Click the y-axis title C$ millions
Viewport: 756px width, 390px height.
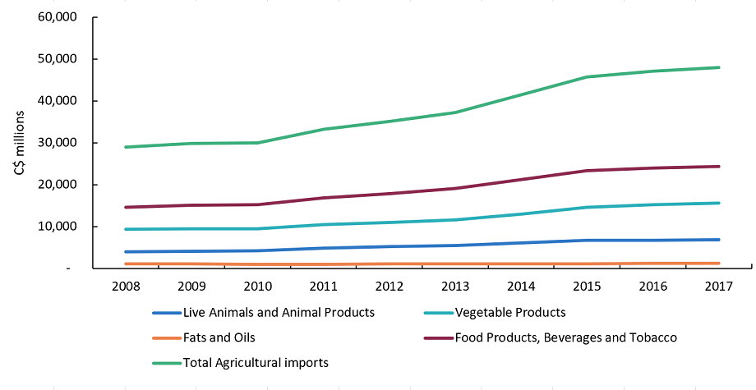(19, 143)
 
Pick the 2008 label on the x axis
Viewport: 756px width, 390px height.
(126, 286)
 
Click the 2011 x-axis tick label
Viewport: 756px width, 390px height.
(323, 286)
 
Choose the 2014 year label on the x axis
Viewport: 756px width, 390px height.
(520, 286)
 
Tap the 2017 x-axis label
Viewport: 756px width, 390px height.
(717, 286)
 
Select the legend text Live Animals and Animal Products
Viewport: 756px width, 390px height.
(279, 312)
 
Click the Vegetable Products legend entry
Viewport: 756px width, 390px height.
(510, 312)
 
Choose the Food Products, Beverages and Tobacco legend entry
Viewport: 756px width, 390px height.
(565, 337)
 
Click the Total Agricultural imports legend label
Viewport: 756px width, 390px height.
(256, 361)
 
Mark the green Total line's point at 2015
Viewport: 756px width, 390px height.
(586, 77)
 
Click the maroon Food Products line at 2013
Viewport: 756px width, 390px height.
(454, 188)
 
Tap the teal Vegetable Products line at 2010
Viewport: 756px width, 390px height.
(257, 228)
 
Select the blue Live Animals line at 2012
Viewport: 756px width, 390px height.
(389, 246)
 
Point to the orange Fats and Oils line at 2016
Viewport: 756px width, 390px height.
(652, 264)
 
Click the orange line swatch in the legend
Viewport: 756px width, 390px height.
(165, 337)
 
